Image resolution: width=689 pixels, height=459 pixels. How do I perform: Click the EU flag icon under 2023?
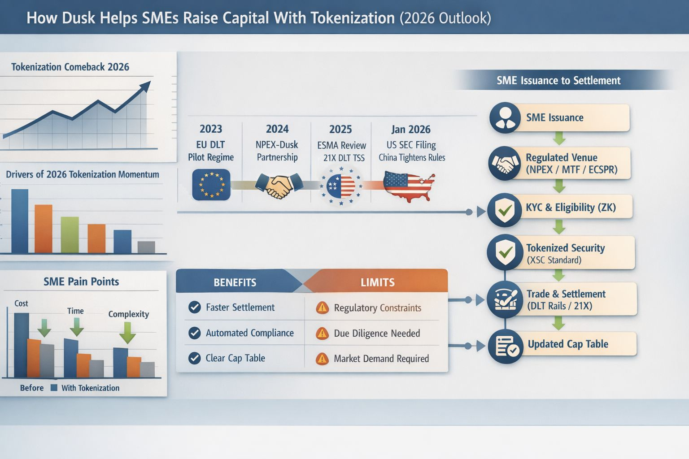point(211,185)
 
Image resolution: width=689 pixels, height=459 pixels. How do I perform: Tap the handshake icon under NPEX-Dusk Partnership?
point(279,186)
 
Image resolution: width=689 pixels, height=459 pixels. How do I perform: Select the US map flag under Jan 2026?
point(409,186)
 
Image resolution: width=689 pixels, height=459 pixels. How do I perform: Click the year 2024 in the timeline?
point(277,129)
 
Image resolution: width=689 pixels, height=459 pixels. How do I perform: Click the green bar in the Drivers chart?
point(70,235)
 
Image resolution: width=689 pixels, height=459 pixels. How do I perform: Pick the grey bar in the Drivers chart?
point(146,247)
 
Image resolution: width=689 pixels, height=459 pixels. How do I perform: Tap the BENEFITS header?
point(235,282)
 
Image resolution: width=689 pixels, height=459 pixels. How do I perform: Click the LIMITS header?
point(377,282)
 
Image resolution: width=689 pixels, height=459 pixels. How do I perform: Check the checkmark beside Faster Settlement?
point(195,307)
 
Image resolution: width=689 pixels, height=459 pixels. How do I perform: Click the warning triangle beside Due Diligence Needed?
point(322,333)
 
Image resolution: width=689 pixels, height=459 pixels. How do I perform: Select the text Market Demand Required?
point(381,359)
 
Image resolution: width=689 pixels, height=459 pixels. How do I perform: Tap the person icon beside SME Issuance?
point(505,118)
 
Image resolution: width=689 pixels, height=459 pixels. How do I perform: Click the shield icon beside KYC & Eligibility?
point(505,210)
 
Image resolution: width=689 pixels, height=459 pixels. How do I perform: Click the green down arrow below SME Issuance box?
point(559,139)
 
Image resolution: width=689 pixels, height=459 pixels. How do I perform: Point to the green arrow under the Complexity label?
point(127,333)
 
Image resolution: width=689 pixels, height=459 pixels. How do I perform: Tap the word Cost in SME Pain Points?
point(21,303)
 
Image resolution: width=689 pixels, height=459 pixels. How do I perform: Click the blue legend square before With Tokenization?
point(54,388)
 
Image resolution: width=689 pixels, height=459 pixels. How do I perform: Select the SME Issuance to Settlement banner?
point(558,80)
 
